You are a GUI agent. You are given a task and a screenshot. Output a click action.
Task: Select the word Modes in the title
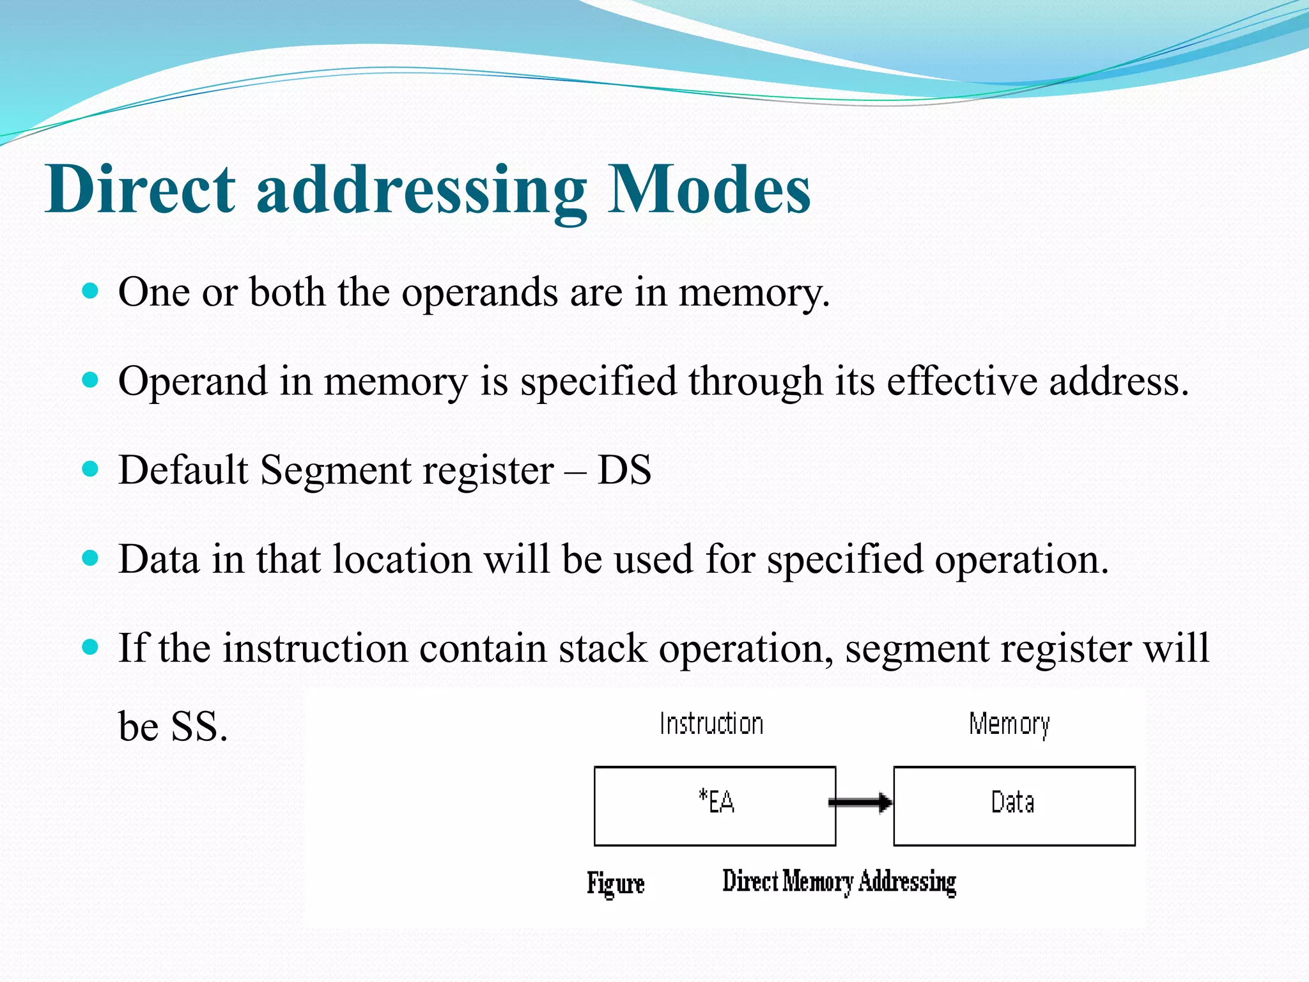pos(709,189)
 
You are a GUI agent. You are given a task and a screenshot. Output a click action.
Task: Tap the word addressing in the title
pos(421,192)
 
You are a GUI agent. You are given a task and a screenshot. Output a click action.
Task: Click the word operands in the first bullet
pos(479,294)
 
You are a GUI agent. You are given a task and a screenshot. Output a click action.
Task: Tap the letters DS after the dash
pos(624,471)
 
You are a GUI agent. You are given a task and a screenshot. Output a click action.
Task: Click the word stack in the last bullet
pos(603,648)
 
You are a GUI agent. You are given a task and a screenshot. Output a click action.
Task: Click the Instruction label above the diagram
pos(711,724)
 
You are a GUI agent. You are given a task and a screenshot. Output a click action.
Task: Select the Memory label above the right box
pos(1009,725)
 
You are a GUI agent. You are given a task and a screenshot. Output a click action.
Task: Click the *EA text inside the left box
pos(716,802)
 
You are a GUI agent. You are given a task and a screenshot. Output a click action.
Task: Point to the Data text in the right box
pos(1012,802)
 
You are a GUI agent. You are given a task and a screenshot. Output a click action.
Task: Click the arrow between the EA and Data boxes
pos(861,802)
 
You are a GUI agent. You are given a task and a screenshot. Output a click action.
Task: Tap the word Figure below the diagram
pos(616,884)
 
